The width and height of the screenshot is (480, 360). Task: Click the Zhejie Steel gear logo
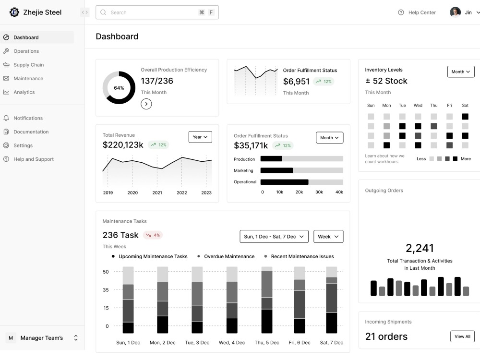click(x=14, y=12)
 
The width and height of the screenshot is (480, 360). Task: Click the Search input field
click(x=157, y=12)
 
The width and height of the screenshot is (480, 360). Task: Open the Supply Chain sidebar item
click(x=28, y=65)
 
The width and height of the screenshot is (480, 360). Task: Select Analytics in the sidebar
click(x=24, y=92)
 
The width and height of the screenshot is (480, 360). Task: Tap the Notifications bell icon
click(x=6, y=118)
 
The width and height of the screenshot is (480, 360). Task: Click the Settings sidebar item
click(x=23, y=145)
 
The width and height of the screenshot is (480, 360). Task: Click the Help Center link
click(x=417, y=12)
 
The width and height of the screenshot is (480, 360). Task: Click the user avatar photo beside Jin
click(x=455, y=12)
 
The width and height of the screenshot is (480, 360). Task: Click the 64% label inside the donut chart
click(x=119, y=88)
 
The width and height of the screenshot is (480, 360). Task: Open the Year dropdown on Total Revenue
click(x=200, y=137)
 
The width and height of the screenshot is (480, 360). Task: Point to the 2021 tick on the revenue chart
click(x=157, y=192)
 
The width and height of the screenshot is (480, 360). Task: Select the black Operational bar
click(x=284, y=182)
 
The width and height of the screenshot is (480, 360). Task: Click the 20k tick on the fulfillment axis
click(x=299, y=192)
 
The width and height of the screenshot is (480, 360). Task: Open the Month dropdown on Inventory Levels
click(x=461, y=72)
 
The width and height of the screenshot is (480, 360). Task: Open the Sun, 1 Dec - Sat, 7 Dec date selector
click(x=274, y=237)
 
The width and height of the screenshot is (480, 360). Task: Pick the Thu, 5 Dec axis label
click(x=266, y=343)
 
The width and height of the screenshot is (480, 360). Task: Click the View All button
click(x=462, y=336)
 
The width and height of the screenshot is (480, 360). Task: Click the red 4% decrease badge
click(x=153, y=235)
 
